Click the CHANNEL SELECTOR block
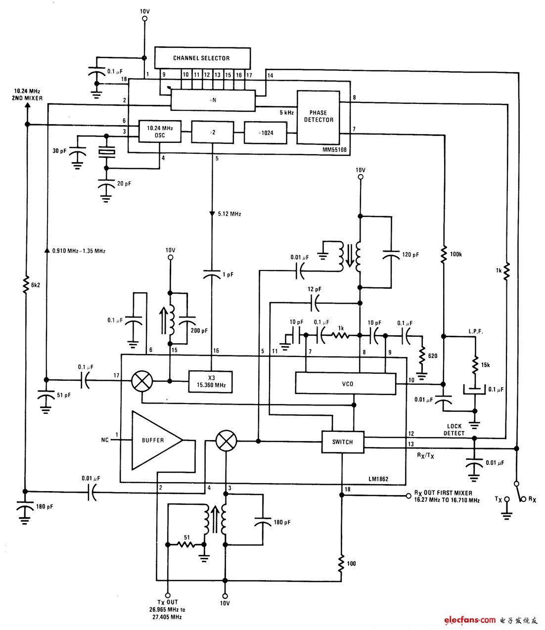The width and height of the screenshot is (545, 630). (202, 58)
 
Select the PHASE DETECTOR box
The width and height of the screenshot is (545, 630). (318, 117)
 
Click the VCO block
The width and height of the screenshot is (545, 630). (346, 383)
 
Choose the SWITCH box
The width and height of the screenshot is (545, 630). (342, 442)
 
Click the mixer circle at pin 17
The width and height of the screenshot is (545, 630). (142, 381)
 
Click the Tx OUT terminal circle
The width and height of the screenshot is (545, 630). (168, 595)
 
